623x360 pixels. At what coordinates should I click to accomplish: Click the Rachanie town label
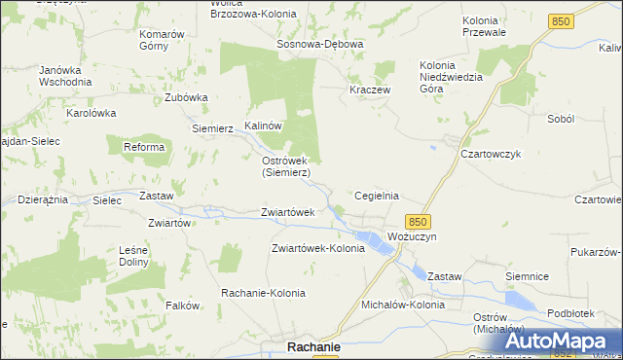coord(312,346)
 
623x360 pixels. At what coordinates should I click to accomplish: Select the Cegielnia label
coord(377,196)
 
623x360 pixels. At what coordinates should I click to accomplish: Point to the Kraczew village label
coord(370,90)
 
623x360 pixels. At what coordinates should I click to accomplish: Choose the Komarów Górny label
coord(162,40)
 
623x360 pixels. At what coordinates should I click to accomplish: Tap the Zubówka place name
coord(187,97)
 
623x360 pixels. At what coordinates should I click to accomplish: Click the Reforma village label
coord(143,147)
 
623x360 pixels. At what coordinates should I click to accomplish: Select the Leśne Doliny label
coord(133,256)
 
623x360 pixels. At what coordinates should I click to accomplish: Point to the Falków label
coord(182,305)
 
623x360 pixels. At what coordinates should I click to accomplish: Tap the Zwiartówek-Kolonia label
coord(318,248)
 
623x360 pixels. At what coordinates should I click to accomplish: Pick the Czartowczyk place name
coord(493,154)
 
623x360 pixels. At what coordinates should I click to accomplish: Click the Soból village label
coord(562,118)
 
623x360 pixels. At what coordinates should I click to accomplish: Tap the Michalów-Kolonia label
coord(403,305)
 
